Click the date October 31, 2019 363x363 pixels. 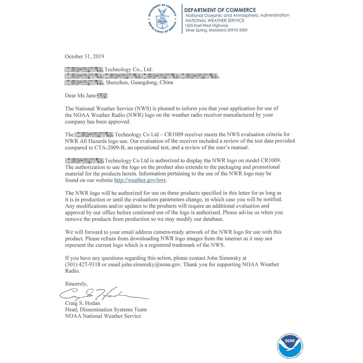(x=84, y=56)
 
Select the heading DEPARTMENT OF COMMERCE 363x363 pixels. (x=220, y=10)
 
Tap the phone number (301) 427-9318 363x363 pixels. (x=82, y=265)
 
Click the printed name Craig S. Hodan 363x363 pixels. (x=82, y=303)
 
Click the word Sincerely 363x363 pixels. (x=76, y=283)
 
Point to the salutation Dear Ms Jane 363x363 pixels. (x=81, y=95)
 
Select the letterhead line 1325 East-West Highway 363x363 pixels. (x=207, y=25)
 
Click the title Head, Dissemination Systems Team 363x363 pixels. (x=106, y=310)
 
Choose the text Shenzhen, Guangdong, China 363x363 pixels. (x=139, y=82)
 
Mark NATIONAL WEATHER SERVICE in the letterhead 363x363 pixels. (x=215, y=20)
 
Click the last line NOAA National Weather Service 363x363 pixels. (x=103, y=316)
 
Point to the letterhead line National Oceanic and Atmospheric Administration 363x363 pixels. (x=237, y=15)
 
